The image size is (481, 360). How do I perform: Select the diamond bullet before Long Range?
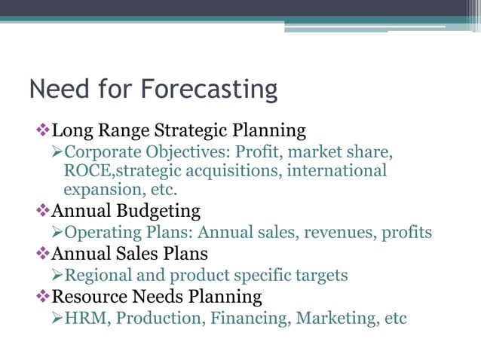43,130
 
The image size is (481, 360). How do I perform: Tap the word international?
332,171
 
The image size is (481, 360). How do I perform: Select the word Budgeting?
161,210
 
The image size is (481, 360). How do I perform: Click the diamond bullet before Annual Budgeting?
43,210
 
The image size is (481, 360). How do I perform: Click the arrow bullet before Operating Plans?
57,232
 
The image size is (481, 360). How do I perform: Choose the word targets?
320,275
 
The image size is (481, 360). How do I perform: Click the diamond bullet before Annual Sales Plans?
43,253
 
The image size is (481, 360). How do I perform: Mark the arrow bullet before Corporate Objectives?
57,151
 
